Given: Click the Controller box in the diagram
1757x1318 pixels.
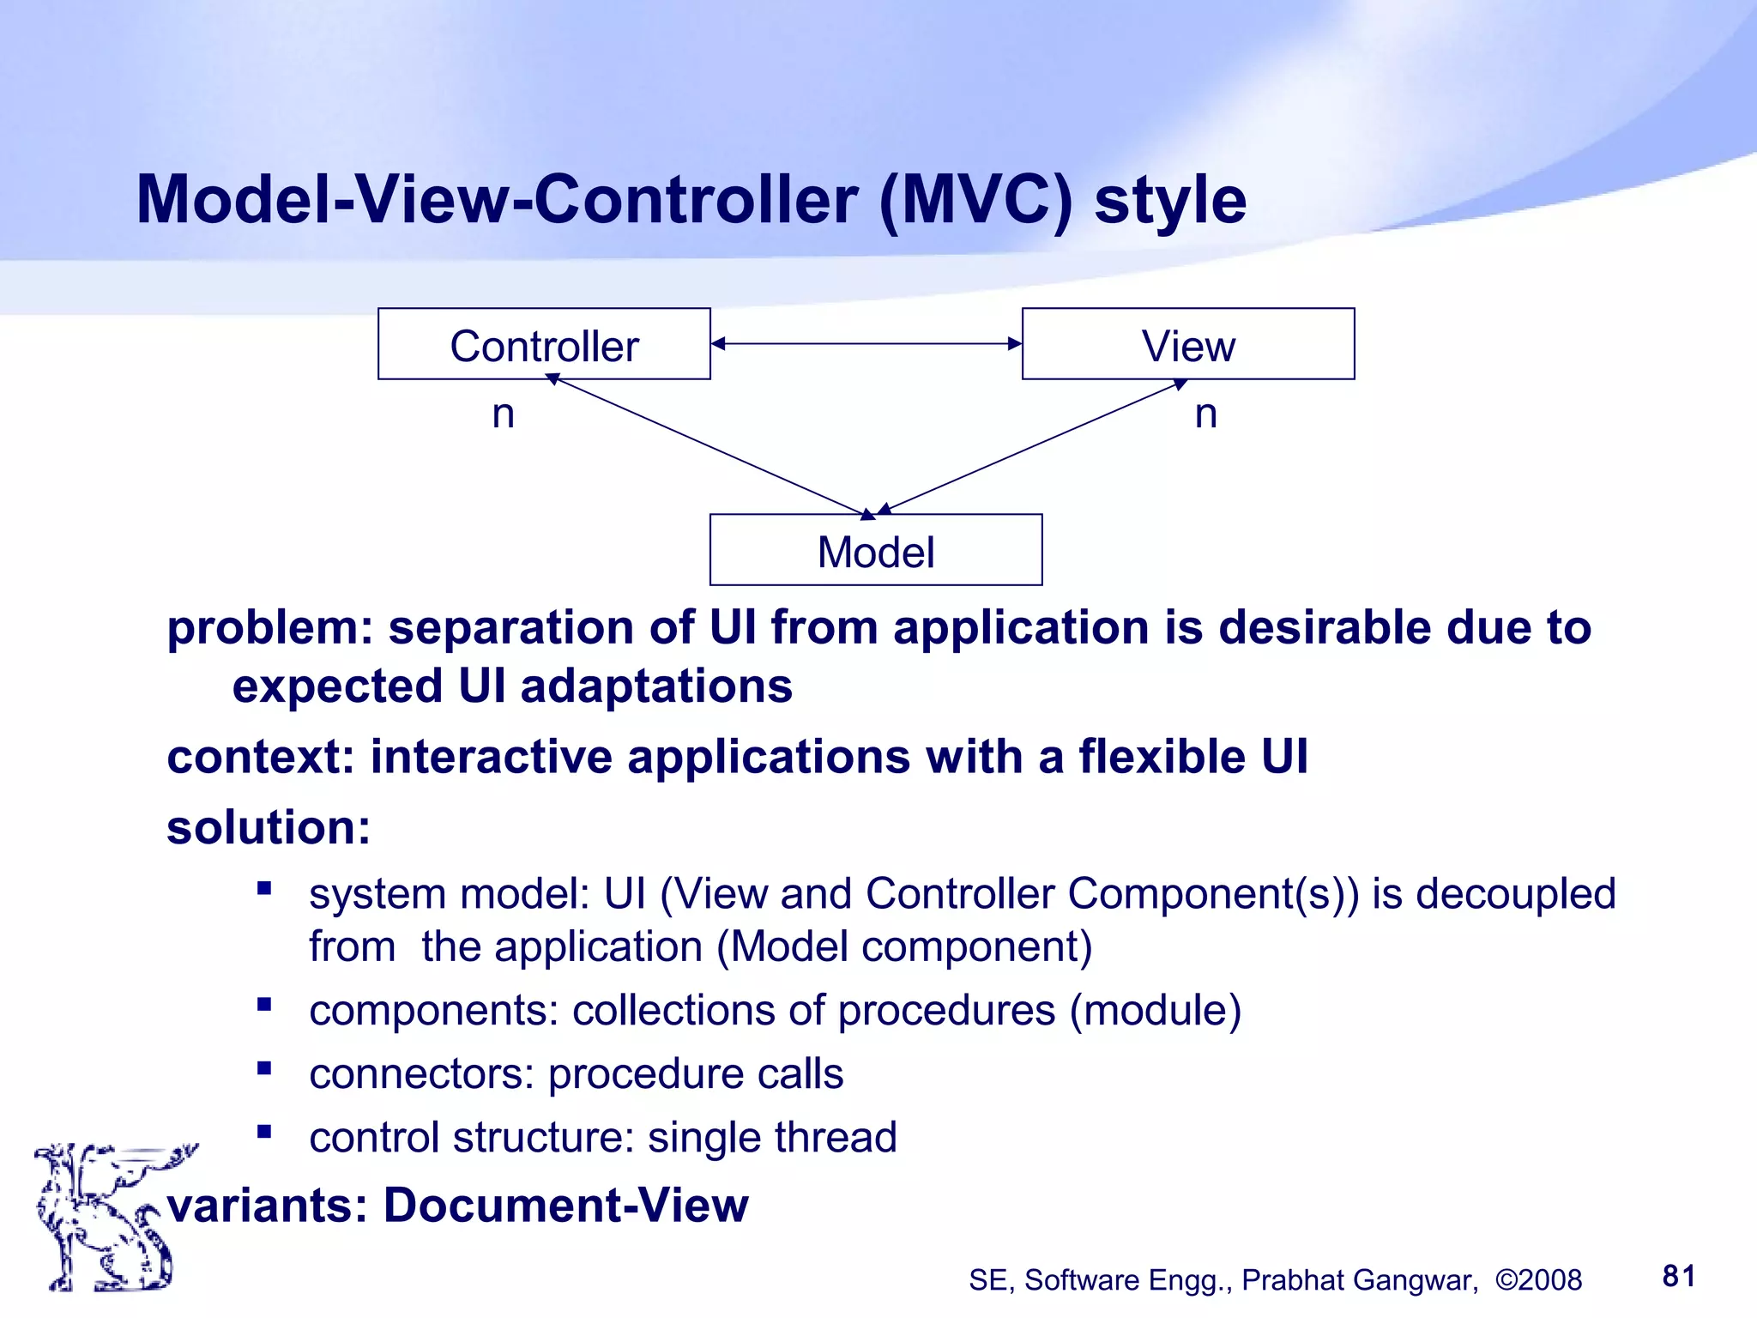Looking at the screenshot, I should [x=544, y=344].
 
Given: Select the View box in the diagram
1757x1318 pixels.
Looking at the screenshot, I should [x=1188, y=344].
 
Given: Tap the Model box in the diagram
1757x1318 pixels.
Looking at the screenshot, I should [x=876, y=550].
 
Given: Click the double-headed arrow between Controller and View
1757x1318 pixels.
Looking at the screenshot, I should [x=866, y=344].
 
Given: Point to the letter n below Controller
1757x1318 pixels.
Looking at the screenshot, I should [x=504, y=414].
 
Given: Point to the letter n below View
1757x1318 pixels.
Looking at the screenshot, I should [x=1205, y=414].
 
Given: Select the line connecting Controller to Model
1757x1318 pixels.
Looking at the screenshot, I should [x=712, y=446].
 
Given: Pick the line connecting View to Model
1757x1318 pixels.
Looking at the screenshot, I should [x=1029, y=446].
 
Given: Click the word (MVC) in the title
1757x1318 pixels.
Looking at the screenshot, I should [x=975, y=200].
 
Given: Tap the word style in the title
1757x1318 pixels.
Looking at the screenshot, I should [x=1170, y=200].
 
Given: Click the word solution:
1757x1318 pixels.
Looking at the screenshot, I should [x=269, y=827].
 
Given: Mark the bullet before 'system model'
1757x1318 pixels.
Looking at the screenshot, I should [x=264, y=888].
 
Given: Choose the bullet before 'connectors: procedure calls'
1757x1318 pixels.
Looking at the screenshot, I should [x=264, y=1068].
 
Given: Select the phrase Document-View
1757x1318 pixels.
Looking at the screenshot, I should [x=565, y=1205].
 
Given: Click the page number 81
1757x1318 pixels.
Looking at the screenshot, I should [x=1679, y=1276].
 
